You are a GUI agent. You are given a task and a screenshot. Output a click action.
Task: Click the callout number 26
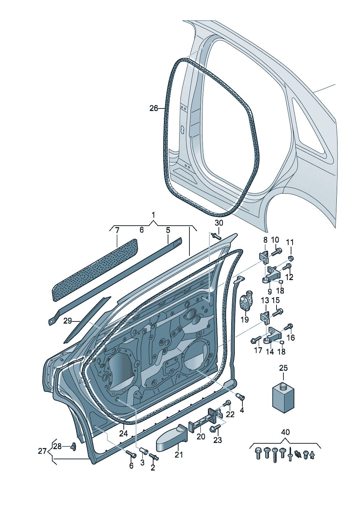[x=154, y=108]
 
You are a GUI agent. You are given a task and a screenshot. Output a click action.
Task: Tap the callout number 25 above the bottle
[x=283, y=368]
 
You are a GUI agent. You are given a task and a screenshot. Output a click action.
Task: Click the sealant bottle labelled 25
[x=283, y=398]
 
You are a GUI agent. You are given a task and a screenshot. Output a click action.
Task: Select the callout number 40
[x=286, y=432]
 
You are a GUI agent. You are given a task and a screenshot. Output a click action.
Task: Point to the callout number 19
[x=245, y=319]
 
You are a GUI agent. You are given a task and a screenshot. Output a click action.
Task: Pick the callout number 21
[x=179, y=455]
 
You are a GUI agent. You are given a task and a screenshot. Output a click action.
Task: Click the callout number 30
[x=219, y=223]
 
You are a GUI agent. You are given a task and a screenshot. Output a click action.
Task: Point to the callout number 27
[x=42, y=451]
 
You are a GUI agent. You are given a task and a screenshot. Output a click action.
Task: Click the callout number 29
[x=67, y=321]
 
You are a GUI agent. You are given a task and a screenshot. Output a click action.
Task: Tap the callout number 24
[x=123, y=433]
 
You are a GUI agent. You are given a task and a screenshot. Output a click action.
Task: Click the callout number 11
[x=290, y=242]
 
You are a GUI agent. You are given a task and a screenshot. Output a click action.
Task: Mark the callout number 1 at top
[x=153, y=215]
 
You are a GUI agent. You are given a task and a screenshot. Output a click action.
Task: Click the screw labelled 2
[x=153, y=457]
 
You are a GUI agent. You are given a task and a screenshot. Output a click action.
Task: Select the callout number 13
[x=265, y=300]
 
